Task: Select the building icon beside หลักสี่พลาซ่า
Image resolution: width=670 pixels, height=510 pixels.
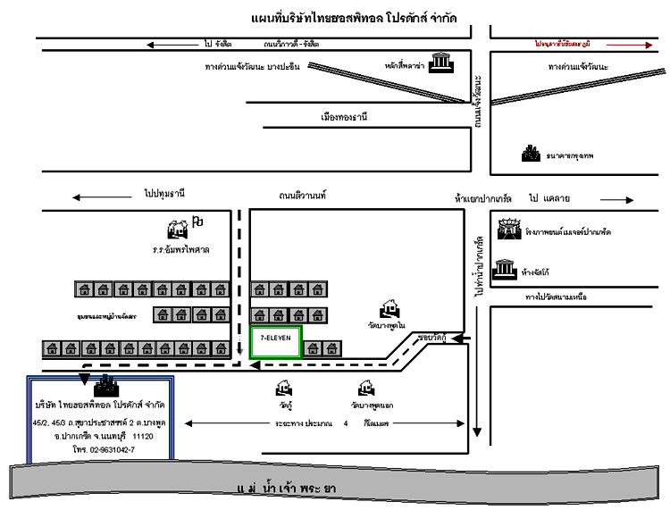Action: (x=439, y=64)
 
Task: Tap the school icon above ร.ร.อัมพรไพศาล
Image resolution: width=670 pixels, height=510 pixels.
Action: (x=178, y=229)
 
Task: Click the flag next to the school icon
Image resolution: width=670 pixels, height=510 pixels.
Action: (x=198, y=221)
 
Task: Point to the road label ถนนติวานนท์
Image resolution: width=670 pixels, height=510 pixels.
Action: (x=303, y=194)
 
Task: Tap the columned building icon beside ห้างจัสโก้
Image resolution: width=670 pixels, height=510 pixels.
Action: (x=507, y=269)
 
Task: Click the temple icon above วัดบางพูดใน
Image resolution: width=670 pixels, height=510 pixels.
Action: (x=389, y=309)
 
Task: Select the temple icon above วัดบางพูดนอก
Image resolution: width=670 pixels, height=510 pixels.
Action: (x=365, y=389)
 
